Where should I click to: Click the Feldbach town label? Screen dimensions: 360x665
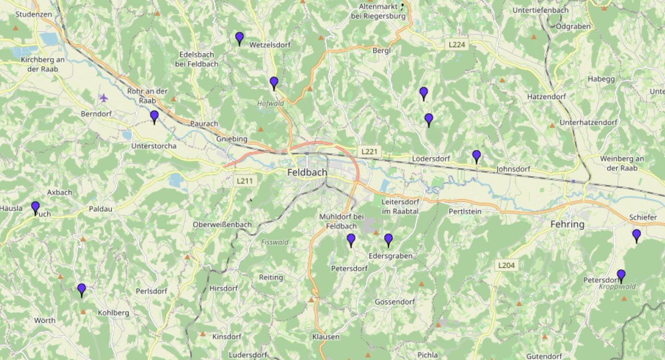pos(307,173)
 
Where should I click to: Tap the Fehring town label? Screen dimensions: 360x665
pos(567,224)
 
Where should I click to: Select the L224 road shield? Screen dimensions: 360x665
pos(458,43)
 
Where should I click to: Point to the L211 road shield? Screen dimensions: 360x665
pos(244,181)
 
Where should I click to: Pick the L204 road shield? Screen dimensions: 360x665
pos(507,266)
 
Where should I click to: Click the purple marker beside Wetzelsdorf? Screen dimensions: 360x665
pos(239,38)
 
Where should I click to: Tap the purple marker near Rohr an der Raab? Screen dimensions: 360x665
pos(154,116)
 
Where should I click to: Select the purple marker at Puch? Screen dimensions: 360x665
pos(35,208)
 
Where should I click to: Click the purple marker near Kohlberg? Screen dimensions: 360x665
pos(81,290)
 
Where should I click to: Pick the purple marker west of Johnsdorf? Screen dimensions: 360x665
pos(477,156)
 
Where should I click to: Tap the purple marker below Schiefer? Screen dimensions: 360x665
pos(636,235)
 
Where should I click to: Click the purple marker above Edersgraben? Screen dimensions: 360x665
pos(388,240)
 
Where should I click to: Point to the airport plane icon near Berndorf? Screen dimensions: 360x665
pos(103,98)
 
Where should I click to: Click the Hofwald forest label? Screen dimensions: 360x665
pos(270,103)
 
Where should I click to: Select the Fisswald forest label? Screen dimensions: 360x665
pos(275,242)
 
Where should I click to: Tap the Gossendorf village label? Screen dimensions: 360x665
pos(395,302)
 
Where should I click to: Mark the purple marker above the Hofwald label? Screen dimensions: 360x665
pos(274,83)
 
